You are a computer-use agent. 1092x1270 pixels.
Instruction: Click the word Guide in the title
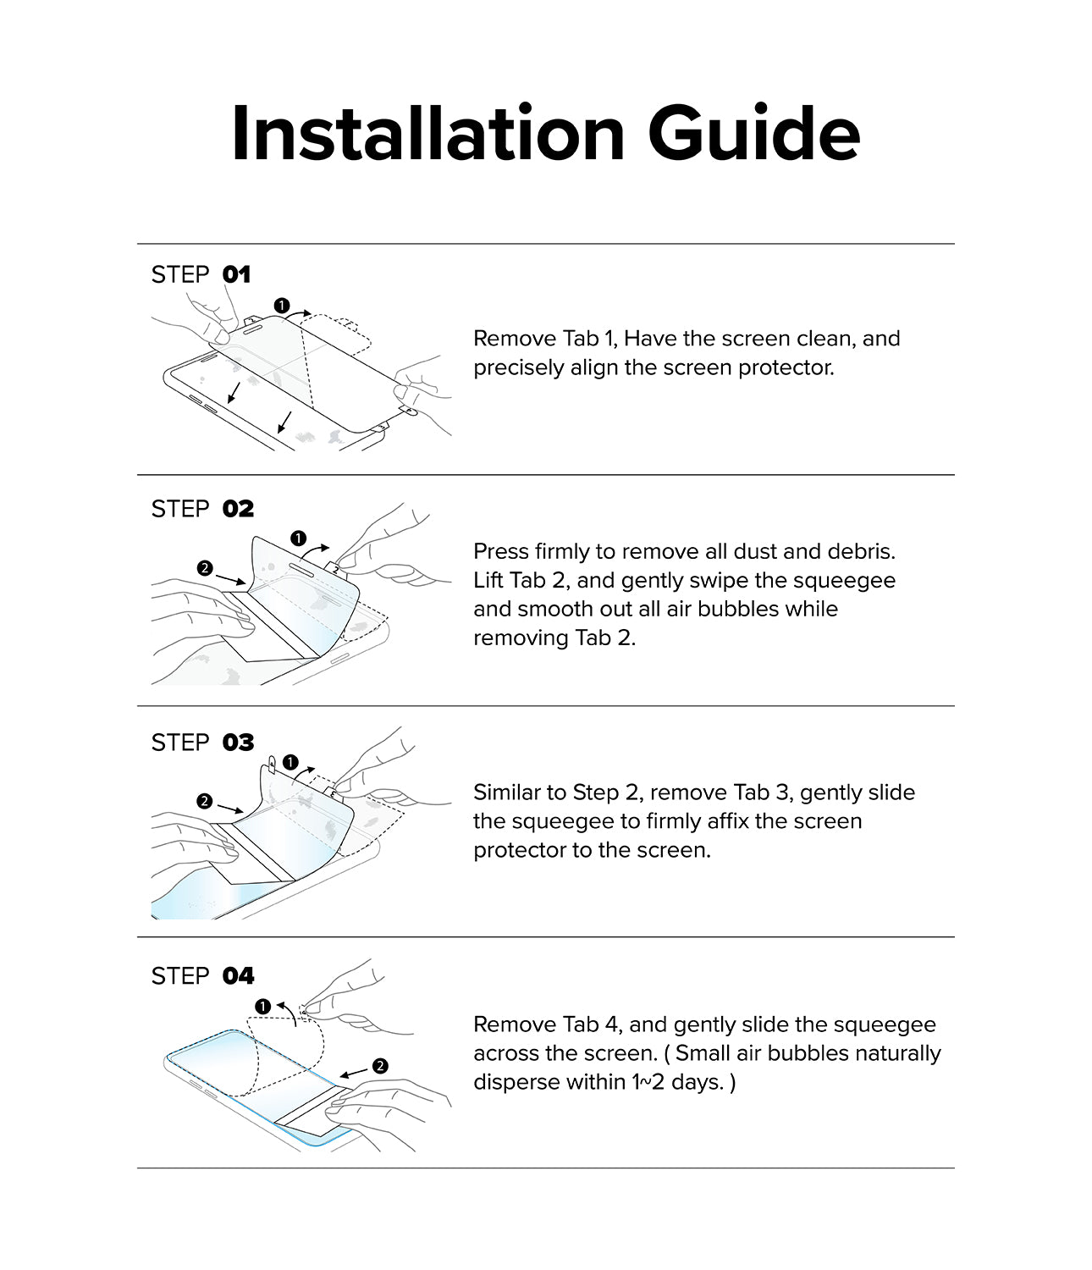tap(753, 133)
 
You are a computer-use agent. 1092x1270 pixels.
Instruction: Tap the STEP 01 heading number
tap(236, 274)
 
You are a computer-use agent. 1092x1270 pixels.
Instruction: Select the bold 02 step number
tap(238, 509)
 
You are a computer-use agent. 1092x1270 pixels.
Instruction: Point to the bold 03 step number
tap(238, 743)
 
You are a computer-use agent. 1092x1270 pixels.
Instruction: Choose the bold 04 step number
tap(238, 976)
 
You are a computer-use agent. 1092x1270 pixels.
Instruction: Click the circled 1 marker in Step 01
tap(282, 305)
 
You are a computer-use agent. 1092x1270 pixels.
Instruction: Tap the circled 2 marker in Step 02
tap(204, 568)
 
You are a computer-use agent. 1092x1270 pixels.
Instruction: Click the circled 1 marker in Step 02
tap(298, 538)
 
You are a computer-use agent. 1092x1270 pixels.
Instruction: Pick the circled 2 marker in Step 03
tap(204, 801)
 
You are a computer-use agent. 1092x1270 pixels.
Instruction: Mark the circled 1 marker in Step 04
tap(262, 1006)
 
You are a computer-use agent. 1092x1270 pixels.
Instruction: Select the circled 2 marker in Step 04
tap(380, 1066)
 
